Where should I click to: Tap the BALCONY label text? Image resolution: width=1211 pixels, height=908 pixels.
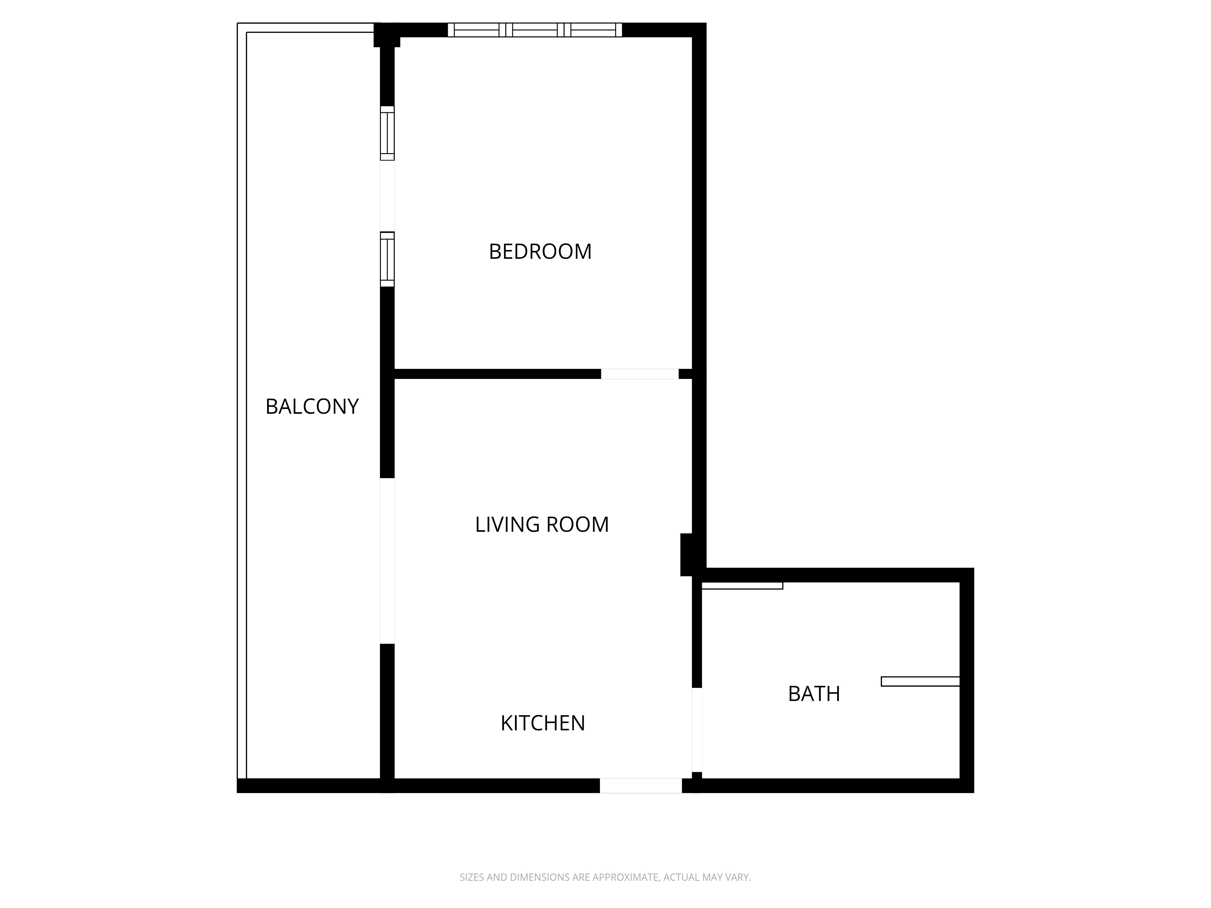(x=312, y=407)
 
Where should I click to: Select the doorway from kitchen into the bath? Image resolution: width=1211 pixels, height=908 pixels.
(x=697, y=729)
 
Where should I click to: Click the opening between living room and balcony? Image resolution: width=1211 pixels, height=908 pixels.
(x=387, y=561)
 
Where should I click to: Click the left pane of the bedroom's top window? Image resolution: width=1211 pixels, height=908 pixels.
(x=476, y=30)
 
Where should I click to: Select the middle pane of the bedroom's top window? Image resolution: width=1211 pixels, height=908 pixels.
(x=535, y=30)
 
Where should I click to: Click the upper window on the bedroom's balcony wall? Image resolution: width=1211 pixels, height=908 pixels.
(x=387, y=133)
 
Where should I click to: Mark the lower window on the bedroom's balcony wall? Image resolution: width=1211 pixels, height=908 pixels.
(x=387, y=259)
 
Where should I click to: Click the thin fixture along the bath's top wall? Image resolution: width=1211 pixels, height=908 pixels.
(x=742, y=586)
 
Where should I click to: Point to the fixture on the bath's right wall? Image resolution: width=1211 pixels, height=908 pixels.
(x=920, y=681)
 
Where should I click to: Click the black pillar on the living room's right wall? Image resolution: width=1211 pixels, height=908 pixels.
(x=687, y=554)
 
